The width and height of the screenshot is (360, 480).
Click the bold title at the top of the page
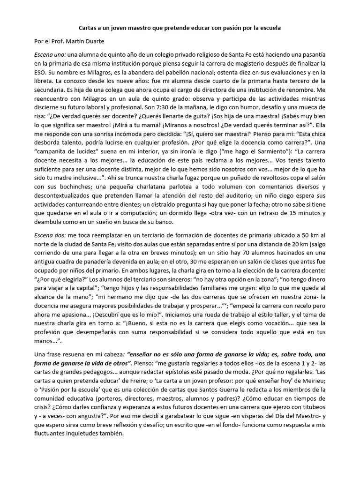(180, 28)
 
